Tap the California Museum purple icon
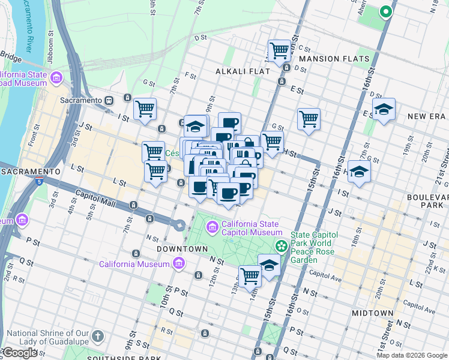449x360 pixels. pyautogui.click(x=178, y=263)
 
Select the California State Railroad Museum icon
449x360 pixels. pyautogui.click(x=57, y=78)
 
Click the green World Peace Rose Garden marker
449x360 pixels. pyautogui.click(x=281, y=246)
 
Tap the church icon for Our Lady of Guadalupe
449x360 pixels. pyautogui.click(x=98, y=337)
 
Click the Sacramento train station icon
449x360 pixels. pyautogui.click(x=110, y=100)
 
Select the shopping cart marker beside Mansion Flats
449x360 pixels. pyautogui.click(x=280, y=52)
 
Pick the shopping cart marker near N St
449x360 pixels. pyautogui.click(x=250, y=277)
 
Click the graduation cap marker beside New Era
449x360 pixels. pyautogui.click(x=384, y=110)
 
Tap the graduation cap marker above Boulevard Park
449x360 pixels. pyautogui.click(x=359, y=172)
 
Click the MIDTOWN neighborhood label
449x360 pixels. pyautogui.click(x=372, y=313)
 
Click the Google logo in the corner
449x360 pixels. pyautogui.click(x=19, y=353)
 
